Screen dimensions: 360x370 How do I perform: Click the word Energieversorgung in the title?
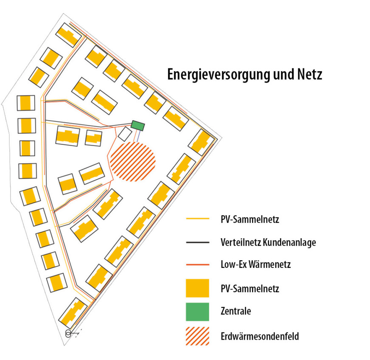pos(219,75)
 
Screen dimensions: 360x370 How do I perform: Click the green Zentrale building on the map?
pos(138,125)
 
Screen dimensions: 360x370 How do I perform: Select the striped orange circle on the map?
pos(133,162)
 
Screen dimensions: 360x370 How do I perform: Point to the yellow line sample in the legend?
pos(198,219)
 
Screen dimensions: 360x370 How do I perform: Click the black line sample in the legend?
pos(198,242)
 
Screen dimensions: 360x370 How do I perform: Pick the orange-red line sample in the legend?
pos(198,265)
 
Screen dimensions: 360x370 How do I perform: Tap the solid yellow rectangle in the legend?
pos(198,288)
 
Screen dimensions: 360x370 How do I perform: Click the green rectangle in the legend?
pos(198,311)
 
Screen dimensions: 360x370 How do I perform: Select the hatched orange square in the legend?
pos(198,336)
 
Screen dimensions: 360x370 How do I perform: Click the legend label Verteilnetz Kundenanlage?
pos(268,242)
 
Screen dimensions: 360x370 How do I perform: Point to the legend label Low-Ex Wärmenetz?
pos(255,265)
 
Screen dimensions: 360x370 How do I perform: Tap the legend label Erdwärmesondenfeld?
pos(260,336)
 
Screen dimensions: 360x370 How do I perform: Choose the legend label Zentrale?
pos(236,311)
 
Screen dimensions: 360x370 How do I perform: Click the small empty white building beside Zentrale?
pos(125,135)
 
